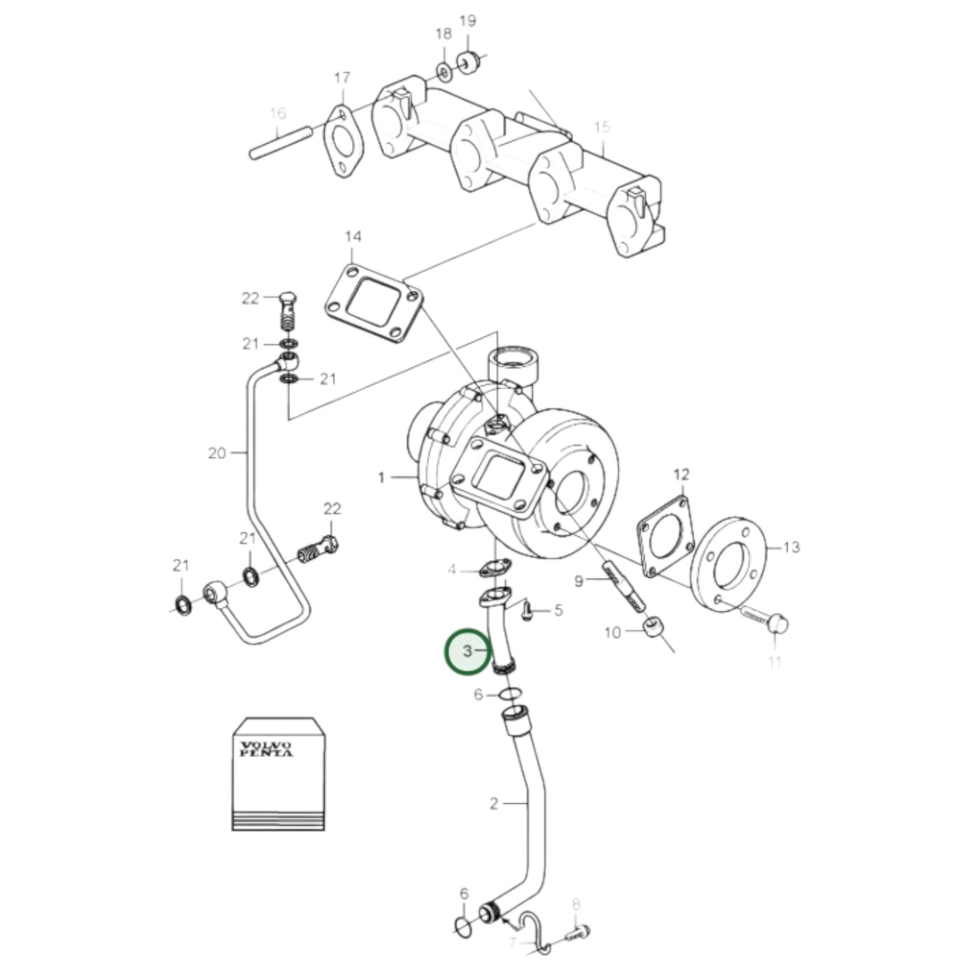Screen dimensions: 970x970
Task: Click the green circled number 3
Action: pos(468,651)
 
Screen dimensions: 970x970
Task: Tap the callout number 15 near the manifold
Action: pos(602,127)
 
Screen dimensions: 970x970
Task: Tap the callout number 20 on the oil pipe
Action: pos(217,453)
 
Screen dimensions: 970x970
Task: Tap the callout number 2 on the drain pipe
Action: pos(494,803)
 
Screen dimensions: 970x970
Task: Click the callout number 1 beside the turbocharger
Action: pos(381,478)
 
